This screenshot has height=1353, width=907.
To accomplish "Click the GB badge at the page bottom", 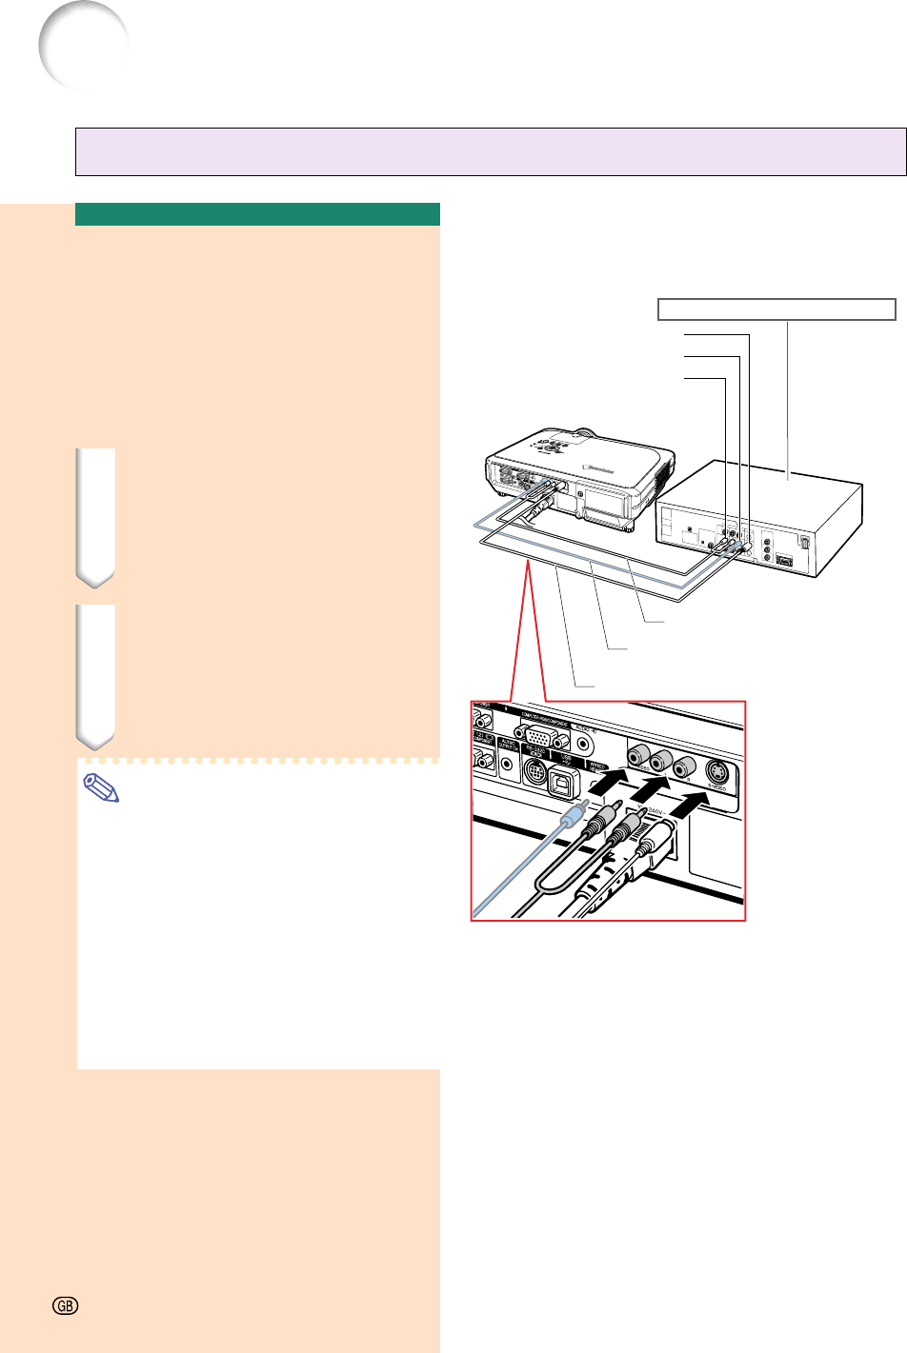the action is pos(64,1306).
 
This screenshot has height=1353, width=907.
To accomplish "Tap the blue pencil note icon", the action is pos(102,788).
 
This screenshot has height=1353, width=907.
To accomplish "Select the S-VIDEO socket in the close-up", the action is pos(718,772).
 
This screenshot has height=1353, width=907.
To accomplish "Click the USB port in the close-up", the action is pos(565,774).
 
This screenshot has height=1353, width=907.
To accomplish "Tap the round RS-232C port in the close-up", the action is pos(534,771).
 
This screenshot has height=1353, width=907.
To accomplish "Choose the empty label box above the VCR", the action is pos(776,308).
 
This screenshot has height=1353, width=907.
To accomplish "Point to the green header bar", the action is pos(257,214).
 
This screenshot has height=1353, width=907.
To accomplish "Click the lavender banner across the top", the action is pos(491,152).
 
